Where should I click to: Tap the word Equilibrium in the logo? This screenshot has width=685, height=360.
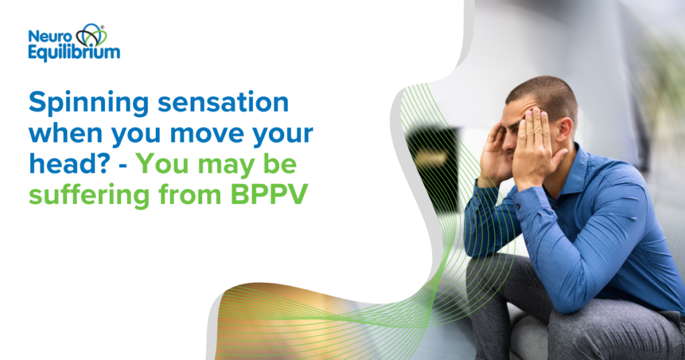[74, 52]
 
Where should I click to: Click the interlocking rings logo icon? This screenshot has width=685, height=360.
[90, 35]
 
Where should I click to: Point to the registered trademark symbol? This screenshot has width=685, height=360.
[102, 27]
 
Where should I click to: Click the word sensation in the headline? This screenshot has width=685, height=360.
[223, 102]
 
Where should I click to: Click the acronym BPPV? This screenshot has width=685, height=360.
[269, 194]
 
